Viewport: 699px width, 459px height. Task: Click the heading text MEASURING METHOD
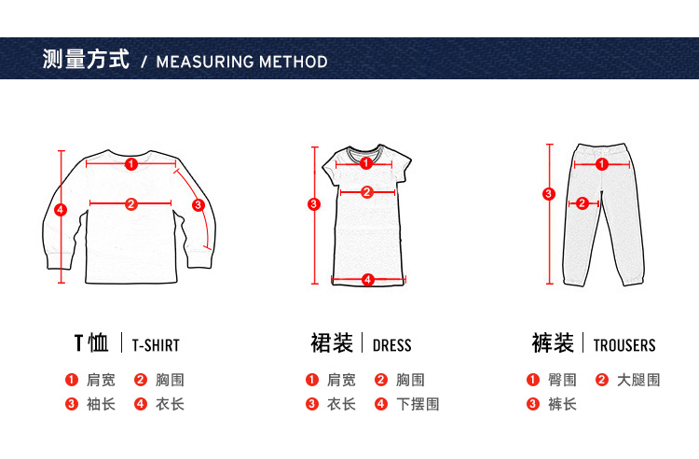(x=242, y=62)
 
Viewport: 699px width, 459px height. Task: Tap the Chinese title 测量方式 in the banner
(x=86, y=59)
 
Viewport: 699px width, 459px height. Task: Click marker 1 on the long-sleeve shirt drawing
(x=131, y=164)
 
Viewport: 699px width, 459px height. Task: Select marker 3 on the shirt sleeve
(x=199, y=205)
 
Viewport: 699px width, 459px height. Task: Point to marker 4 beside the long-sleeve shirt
(x=61, y=210)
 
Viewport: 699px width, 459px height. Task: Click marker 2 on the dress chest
(x=367, y=192)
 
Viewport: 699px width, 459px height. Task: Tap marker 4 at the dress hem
(x=368, y=280)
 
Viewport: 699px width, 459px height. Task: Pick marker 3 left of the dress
(x=314, y=204)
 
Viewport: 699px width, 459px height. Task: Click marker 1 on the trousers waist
(x=602, y=164)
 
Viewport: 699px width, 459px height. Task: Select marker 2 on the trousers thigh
(x=582, y=203)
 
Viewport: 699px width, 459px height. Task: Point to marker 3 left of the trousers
(x=549, y=194)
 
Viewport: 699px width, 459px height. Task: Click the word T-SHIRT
(x=156, y=345)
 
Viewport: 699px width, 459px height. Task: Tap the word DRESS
(x=391, y=345)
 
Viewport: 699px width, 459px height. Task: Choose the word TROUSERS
(x=624, y=345)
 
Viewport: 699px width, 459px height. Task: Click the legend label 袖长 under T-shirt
(x=101, y=404)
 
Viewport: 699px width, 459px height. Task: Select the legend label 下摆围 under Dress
(x=418, y=404)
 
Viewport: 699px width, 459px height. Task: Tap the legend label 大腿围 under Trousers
(x=638, y=380)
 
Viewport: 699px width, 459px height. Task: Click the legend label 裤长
(x=562, y=404)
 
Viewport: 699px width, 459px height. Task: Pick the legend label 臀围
(x=562, y=380)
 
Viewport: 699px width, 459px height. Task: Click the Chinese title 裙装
(x=332, y=343)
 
